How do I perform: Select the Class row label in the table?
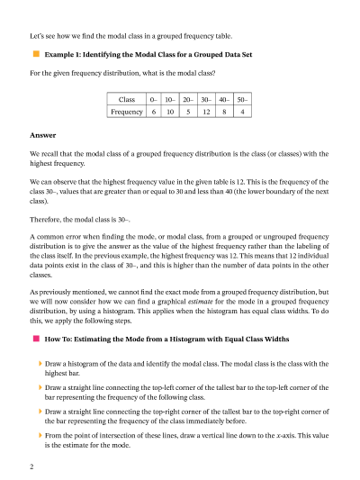pos(126,98)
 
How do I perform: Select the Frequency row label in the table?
pos(126,113)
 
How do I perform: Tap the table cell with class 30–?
pos(207,98)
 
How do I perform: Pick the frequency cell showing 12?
pos(207,113)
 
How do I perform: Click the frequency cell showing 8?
pos(225,113)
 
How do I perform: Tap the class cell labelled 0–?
pos(154,98)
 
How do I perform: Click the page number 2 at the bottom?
pos(31,466)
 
